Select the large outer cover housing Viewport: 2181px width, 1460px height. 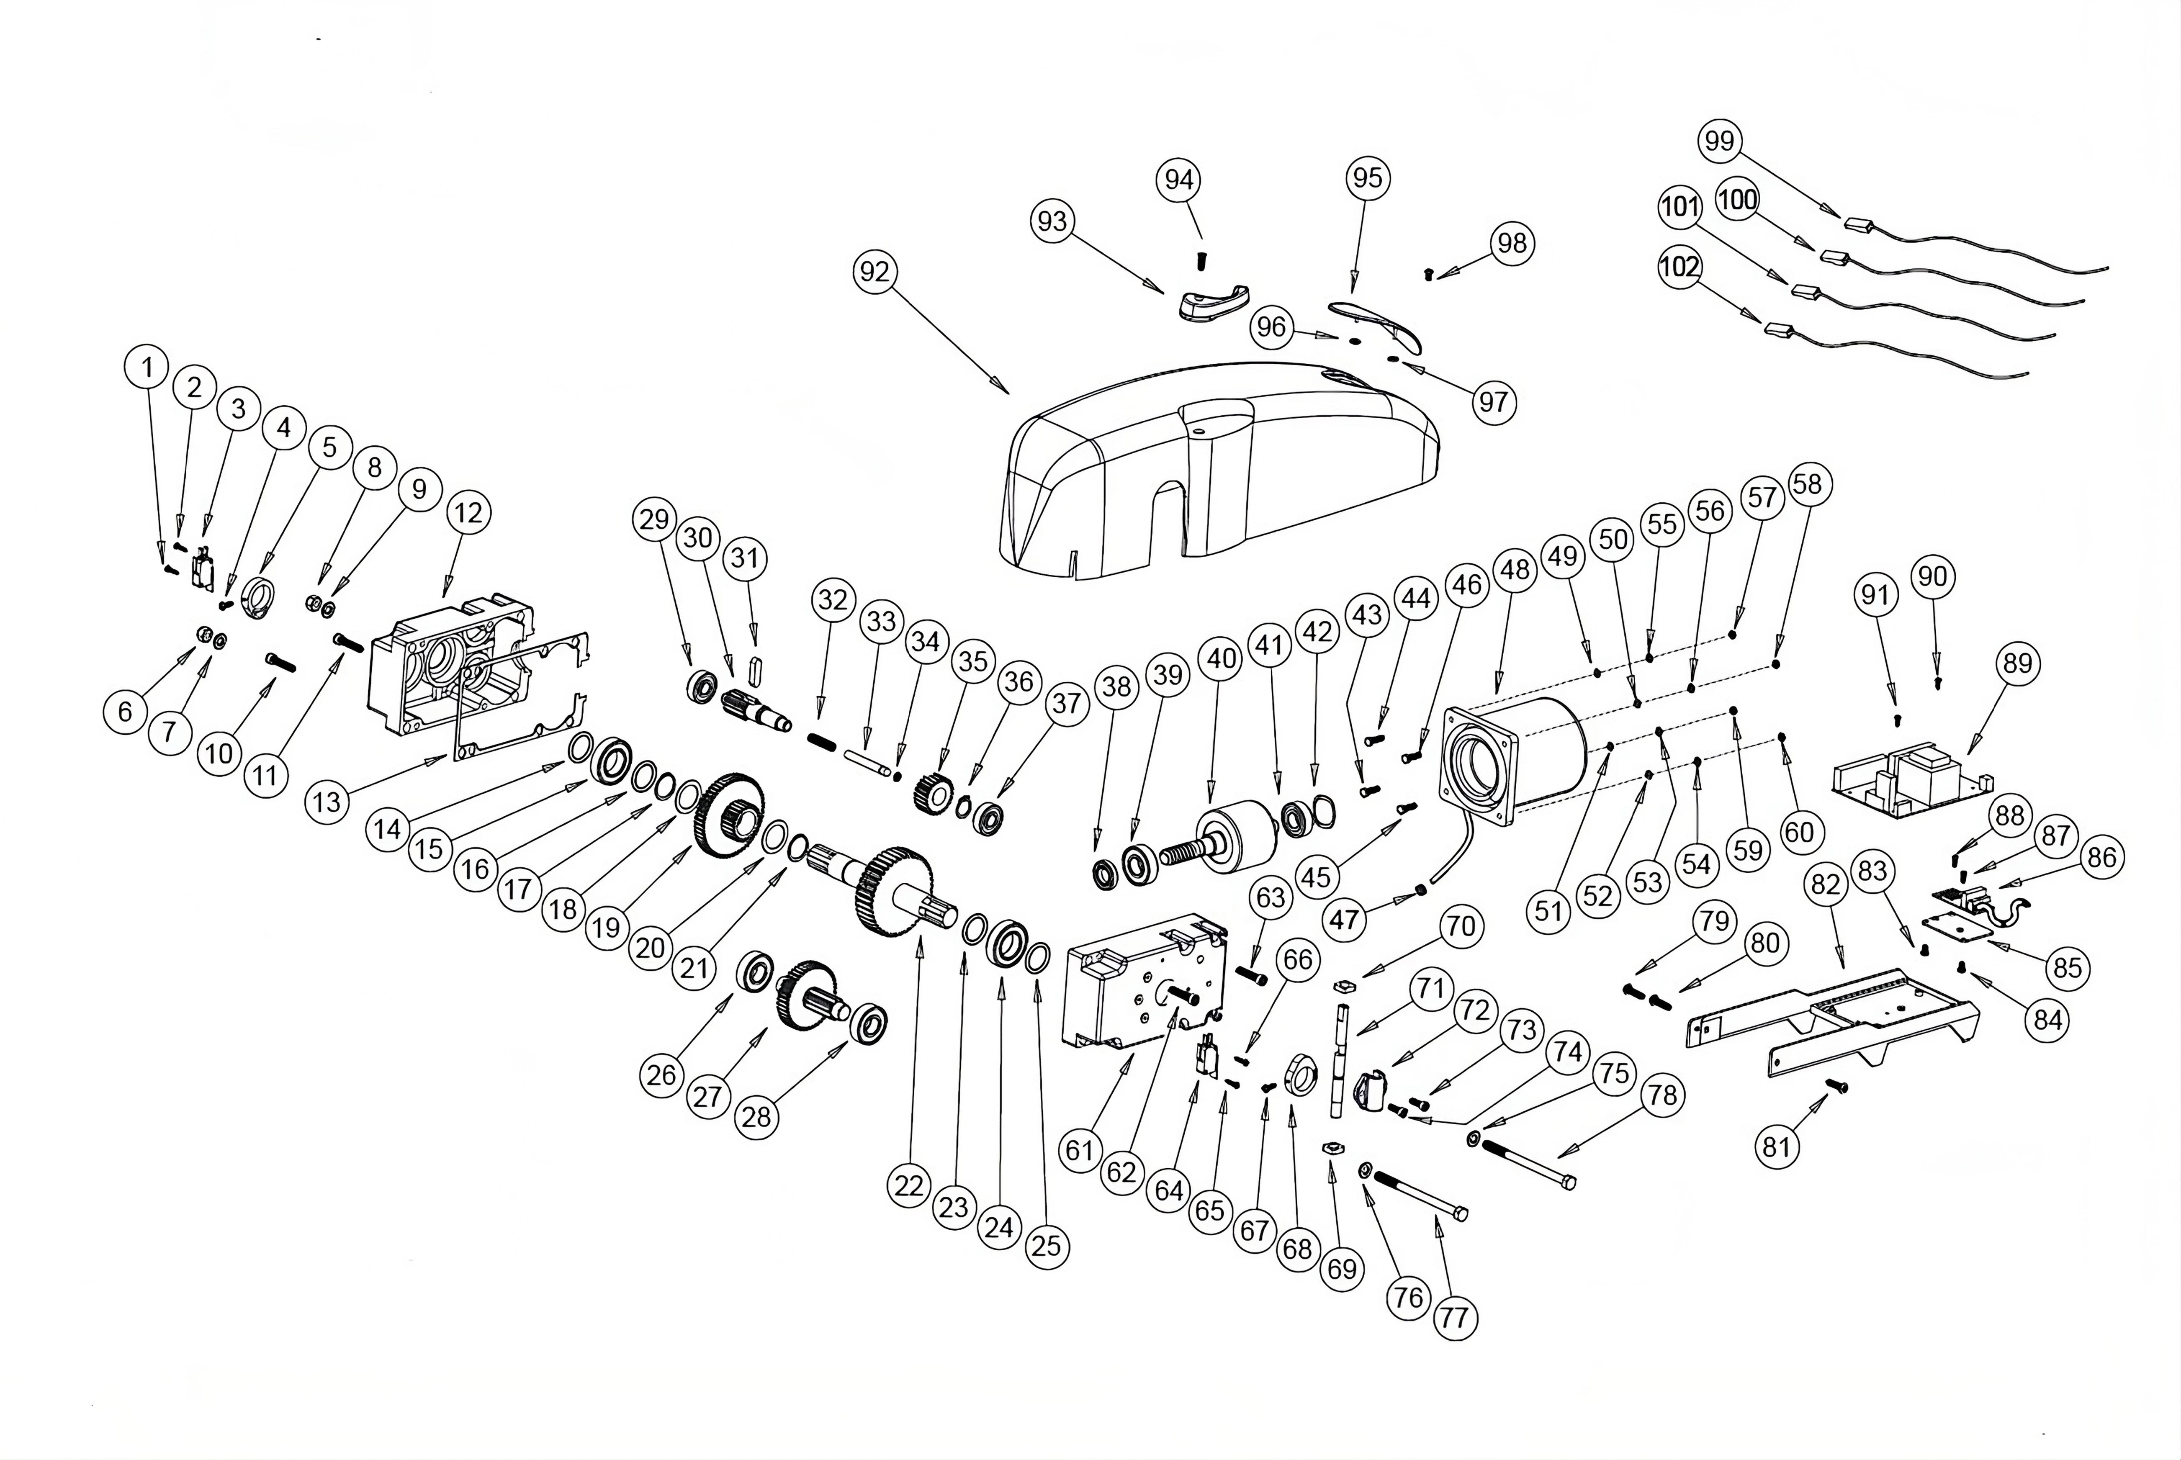tap(1220, 475)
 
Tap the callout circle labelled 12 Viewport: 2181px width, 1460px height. tap(468, 513)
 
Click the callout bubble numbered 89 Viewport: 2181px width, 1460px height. tap(2017, 664)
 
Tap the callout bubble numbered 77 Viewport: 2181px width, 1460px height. tap(1455, 1318)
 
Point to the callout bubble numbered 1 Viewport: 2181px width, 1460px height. tap(146, 368)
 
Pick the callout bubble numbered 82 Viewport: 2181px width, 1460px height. tap(1825, 884)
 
